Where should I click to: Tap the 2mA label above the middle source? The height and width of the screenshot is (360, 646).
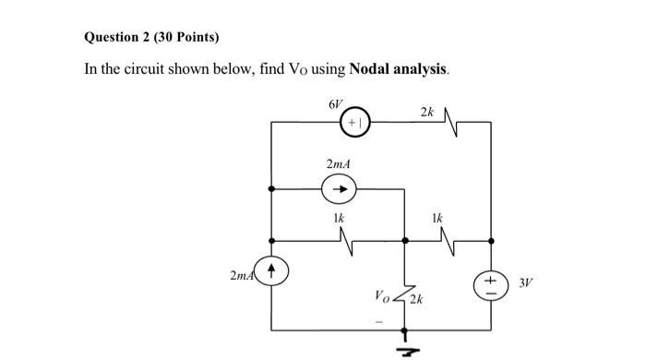[338, 164]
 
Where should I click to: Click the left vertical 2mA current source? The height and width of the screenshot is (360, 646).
[270, 272]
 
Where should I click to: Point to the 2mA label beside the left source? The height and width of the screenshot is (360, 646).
[242, 275]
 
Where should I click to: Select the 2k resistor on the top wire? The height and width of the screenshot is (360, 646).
[452, 120]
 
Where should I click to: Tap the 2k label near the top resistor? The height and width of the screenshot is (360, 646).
[425, 112]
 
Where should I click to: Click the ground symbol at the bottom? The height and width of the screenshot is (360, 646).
[404, 345]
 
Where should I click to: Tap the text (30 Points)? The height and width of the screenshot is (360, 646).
[190, 38]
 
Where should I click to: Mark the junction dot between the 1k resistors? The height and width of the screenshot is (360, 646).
[404, 240]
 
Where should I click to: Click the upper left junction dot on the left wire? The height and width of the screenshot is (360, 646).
[270, 189]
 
